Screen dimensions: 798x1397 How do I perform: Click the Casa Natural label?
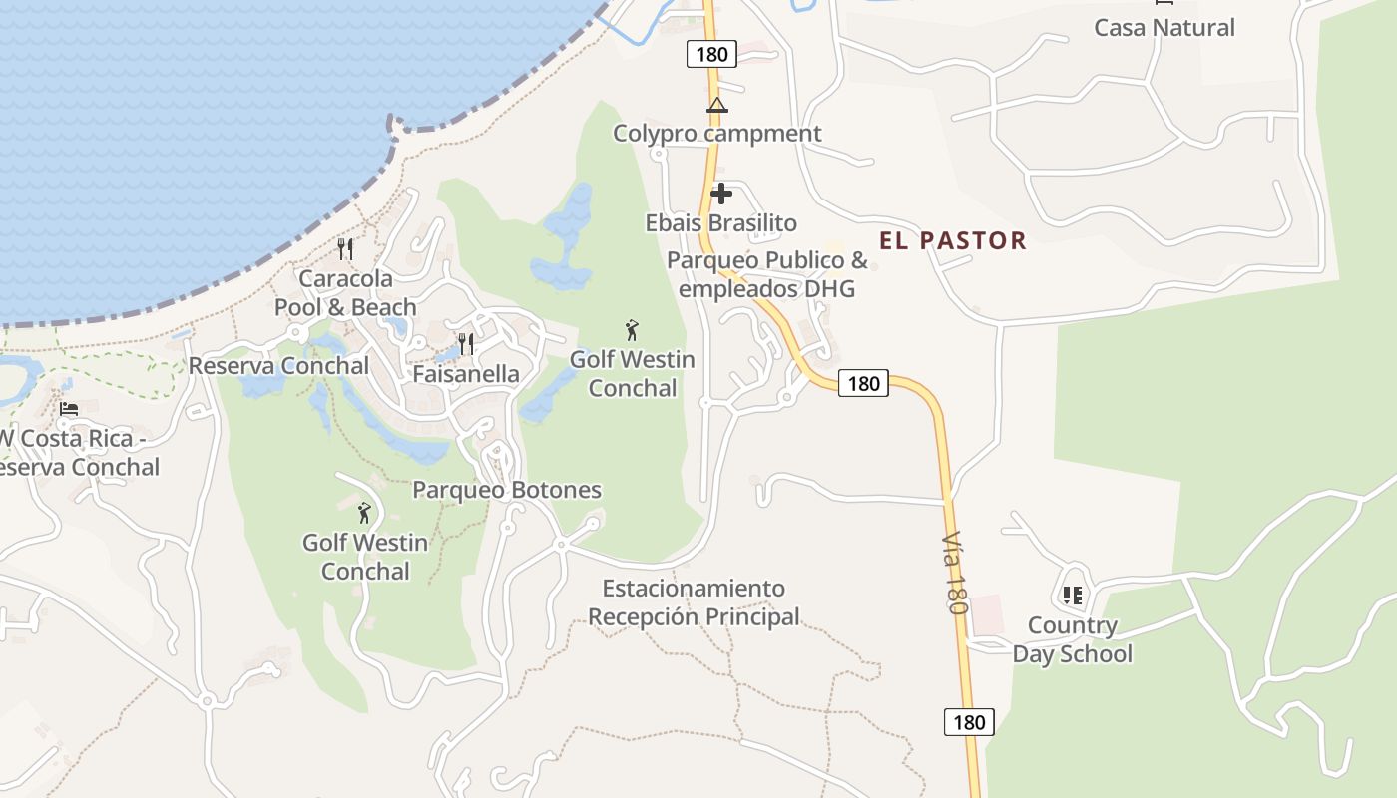point(1164,27)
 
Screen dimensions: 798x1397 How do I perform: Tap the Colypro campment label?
point(716,134)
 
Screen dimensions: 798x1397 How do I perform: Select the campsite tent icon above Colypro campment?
point(716,105)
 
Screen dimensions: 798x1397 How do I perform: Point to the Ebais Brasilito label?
point(720,222)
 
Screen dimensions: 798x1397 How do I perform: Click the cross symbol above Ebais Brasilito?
point(720,194)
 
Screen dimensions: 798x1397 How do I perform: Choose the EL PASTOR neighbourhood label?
point(952,240)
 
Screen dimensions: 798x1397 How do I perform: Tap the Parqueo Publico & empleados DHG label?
point(766,275)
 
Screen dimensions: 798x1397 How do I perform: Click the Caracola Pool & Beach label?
point(345,293)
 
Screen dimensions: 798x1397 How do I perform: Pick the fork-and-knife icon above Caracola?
point(345,249)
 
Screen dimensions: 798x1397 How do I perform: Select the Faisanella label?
point(466,374)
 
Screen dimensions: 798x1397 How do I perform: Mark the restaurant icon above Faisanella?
point(466,344)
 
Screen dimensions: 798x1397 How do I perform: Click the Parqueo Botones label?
point(507,490)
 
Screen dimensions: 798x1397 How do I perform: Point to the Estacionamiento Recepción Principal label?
point(694,602)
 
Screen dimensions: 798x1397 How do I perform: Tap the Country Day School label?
point(1073,640)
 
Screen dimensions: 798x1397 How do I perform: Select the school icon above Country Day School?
point(1073,597)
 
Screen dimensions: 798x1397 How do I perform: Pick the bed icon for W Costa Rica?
point(69,409)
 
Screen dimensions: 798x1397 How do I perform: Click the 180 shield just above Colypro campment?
point(711,54)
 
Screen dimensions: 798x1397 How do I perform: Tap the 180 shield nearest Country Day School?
point(969,722)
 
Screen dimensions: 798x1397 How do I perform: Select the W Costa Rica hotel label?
point(80,453)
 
